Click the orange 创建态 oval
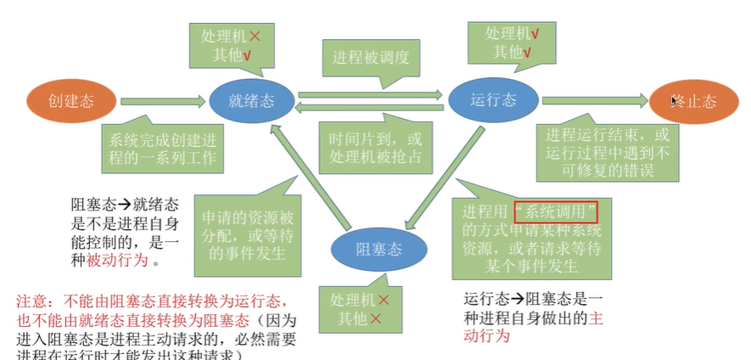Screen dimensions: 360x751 click(x=71, y=101)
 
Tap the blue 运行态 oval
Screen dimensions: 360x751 click(x=493, y=100)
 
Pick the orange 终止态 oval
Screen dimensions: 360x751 click(x=694, y=101)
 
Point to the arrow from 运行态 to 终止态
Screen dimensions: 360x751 click(x=594, y=101)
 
